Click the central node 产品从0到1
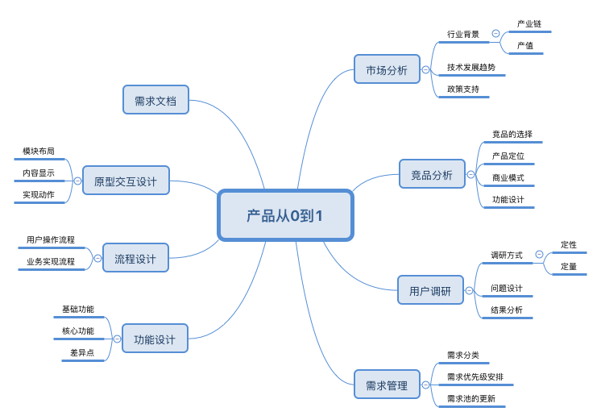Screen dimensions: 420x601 click(285, 215)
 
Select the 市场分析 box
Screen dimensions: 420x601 click(387, 70)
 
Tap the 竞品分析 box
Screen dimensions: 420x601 click(432, 175)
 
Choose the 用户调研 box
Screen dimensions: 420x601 click(430, 291)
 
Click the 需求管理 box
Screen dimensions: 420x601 click(387, 385)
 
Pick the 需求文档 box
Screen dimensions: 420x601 click(155, 101)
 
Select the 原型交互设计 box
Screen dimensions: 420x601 click(126, 181)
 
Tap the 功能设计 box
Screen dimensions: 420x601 click(155, 339)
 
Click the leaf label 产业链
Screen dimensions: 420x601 click(529, 24)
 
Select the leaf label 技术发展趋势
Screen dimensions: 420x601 click(471, 67)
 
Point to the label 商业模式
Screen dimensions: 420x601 click(508, 177)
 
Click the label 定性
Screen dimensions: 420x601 click(569, 244)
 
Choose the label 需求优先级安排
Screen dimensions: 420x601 click(480, 376)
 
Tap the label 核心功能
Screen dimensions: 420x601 click(78, 331)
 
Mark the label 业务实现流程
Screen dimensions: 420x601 click(51, 261)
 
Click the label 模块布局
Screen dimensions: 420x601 click(39, 151)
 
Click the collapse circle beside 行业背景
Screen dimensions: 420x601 click(495, 34)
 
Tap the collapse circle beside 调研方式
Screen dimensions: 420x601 click(538, 256)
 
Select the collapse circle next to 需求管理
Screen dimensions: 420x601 click(425, 385)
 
